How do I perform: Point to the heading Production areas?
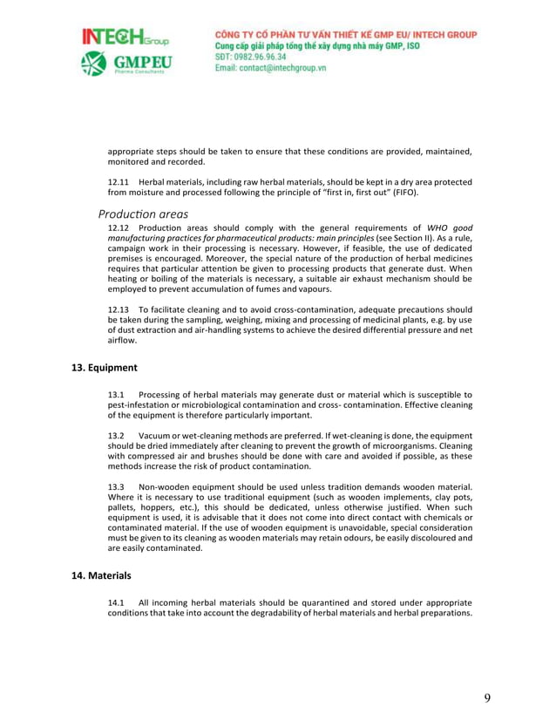point(143,214)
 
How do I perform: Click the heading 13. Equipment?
point(104,368)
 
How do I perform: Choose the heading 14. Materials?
point(102,575)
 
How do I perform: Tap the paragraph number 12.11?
point(119,181)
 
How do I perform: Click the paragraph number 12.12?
point(119,228)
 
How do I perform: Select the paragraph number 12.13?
point(119,309)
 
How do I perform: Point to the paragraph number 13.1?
point(117,395)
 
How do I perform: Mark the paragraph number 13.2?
point(117,435)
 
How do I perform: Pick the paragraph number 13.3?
point(117,486)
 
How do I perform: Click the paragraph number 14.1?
point(117,602)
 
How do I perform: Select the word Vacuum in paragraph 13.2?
point(155,435)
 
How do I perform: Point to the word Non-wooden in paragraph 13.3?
point(163,486)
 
